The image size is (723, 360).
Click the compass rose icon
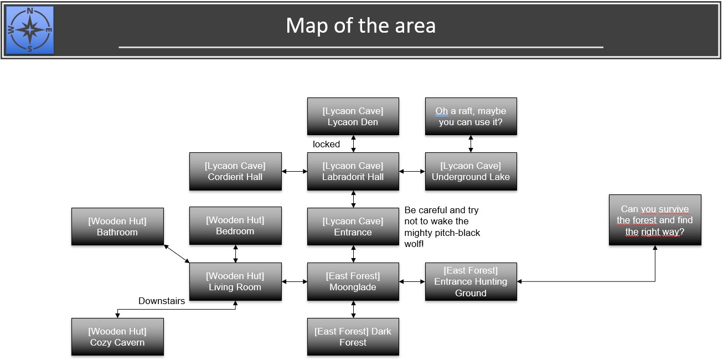click(x=30, y=29)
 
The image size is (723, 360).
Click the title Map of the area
click(x=360, y=26)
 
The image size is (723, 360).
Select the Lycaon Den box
click(x=353, y=116)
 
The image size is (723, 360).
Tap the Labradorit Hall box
click(x=353, y=171)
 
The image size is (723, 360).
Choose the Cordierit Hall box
click(x=235, y=171)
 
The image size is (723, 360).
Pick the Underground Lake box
click(x=471, y=171)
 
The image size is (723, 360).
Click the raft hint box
click(x=471, y=116)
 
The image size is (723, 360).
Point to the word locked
click(x=326, y=144)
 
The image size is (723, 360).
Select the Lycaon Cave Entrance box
click(x=353, y=227)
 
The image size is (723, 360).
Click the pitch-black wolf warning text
click(x=442, y=227)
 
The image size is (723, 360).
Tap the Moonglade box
click(x=353, y=281)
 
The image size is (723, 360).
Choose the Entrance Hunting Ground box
click(x=471, y=281)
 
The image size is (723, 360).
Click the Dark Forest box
click(x=353, y=337)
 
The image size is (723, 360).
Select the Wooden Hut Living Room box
click(x=235, y=281)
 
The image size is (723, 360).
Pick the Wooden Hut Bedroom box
click(x=235, y=225)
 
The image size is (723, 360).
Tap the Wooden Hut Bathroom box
click(x=117, y=227)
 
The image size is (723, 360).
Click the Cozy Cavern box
click(x=117, y=337)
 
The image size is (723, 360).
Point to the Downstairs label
click(x=162, y=301)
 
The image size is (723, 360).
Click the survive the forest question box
click(x=655, y=220)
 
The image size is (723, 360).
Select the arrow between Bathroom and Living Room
click(x=177, y=253)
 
